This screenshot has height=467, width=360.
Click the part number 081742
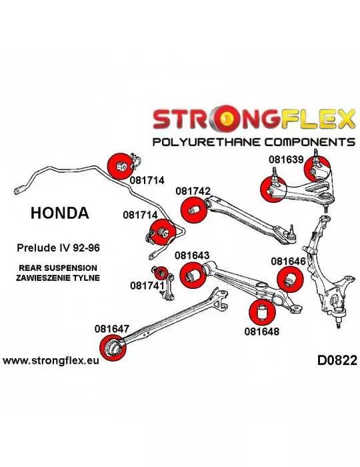point(193,191)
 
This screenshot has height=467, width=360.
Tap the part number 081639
point(286,159)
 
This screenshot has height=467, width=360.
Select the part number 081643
point(192,256)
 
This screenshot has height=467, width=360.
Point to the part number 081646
point(288,262)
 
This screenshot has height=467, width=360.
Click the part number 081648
point(262,331)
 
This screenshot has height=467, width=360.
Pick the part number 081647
point(112,328)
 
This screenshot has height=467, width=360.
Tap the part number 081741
point(147,286)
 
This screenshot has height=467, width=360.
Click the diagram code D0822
point(337,360)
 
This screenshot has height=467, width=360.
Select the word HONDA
point(60,213)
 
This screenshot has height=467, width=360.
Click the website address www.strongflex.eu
point(51,361)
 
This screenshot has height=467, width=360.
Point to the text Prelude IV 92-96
point(58,248)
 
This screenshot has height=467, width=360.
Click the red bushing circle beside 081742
point(194,209)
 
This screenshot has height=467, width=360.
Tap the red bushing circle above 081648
point(262,312)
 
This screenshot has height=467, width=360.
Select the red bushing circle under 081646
point(290,280)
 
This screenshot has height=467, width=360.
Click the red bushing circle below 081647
point(113,348)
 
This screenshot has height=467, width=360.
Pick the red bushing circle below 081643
point(193,275)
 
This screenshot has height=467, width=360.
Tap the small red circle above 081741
point(161,272)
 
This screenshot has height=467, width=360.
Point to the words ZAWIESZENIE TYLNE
point(58,278)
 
